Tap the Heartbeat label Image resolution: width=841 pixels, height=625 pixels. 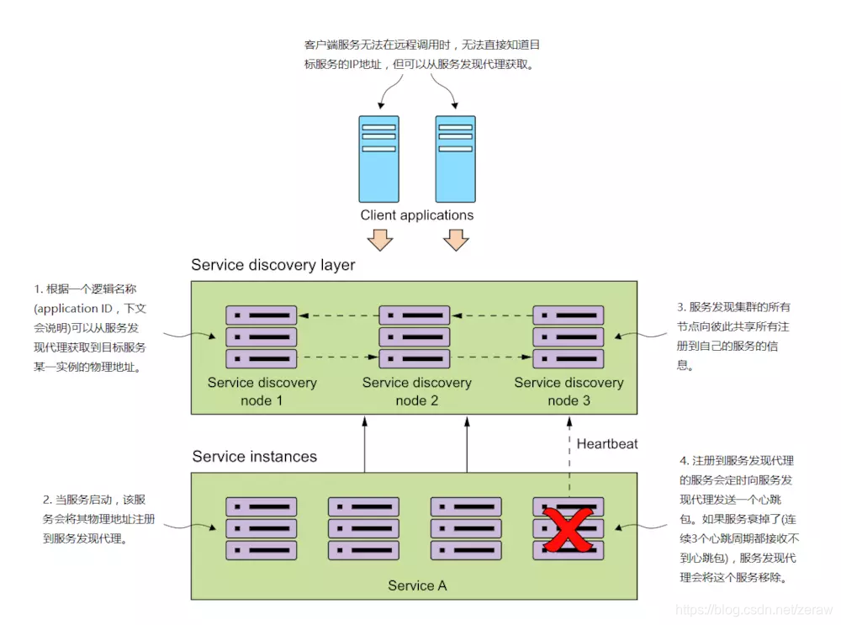point(607,443)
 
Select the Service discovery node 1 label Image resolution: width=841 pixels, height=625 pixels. point(262,391)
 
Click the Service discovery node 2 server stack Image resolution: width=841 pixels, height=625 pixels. point(415,336)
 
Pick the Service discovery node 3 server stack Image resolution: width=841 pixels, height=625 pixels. point(568,336)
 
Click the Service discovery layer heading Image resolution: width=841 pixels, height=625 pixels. point(273,265)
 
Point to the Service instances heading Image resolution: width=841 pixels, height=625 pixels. point(255,457)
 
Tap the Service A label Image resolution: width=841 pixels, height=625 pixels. point(417,585)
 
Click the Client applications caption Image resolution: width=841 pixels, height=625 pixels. point(417,215)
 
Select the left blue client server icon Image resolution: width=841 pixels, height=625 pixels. point(378,158)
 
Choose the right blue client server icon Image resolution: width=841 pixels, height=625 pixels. point(455,158)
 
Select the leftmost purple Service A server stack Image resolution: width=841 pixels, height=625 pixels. point(261,529)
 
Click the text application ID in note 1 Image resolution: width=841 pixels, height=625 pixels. point(72,309)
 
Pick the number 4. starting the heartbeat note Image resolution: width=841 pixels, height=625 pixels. point(684,461)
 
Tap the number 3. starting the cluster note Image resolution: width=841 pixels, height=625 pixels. point(682,307)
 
